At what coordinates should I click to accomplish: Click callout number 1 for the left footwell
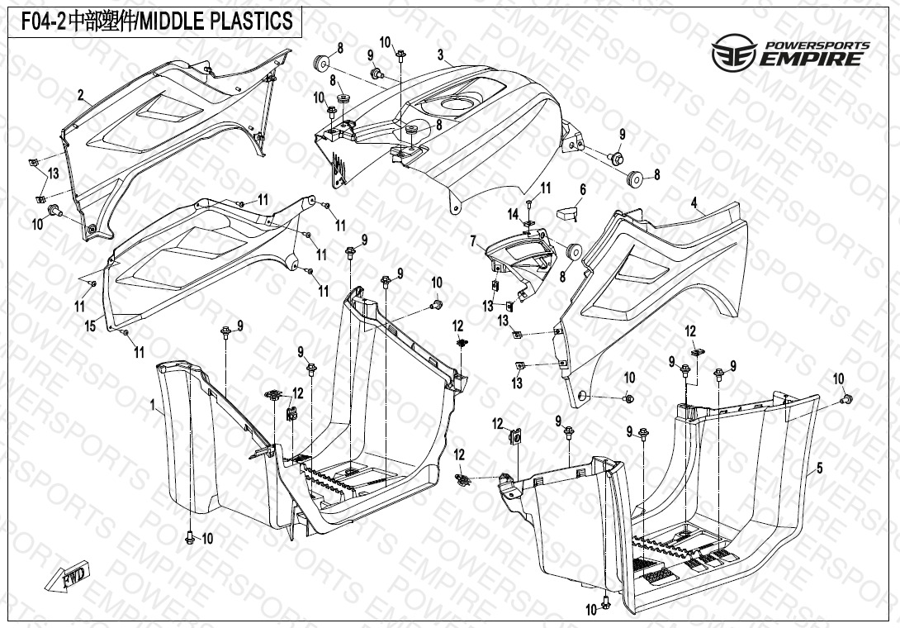(x=153, y=405)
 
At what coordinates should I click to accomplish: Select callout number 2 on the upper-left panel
(x=81, y=96)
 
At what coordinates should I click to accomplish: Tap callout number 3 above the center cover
(x=441, y=55)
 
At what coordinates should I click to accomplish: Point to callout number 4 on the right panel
(x=694, y=202)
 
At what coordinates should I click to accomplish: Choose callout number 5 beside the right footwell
(x=819, y=469)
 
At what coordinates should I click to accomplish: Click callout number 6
(x=582, y=190)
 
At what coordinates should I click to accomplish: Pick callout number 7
(x=473, y=241)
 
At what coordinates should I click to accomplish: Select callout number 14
(x=513, y=215)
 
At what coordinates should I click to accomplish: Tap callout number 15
(x=90, y=326)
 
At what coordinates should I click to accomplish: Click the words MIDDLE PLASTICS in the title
(x=217, y=21)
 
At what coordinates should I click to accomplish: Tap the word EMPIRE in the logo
(x=813, y=59)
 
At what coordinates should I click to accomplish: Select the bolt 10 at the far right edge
(x=846, y=400)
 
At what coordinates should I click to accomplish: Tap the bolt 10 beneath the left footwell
(x=191, y=538)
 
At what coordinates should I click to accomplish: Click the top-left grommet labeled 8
(x=320, y=64)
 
